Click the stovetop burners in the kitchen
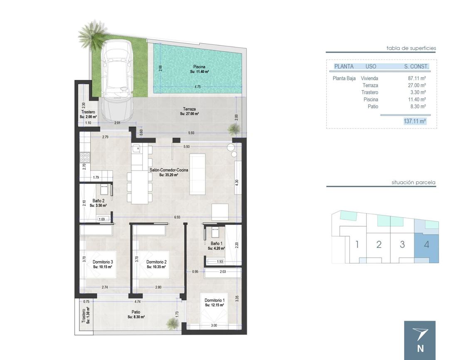coord(85,157)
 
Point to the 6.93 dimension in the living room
coord(177,217)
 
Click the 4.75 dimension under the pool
coord(197,87)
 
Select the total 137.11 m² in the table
coord(414,121)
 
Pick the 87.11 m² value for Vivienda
coord(417,78)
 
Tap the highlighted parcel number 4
coord(426,244)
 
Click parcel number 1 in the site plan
coord(357,244)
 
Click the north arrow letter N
coord(420,349)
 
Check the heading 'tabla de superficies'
coord(411,48)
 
